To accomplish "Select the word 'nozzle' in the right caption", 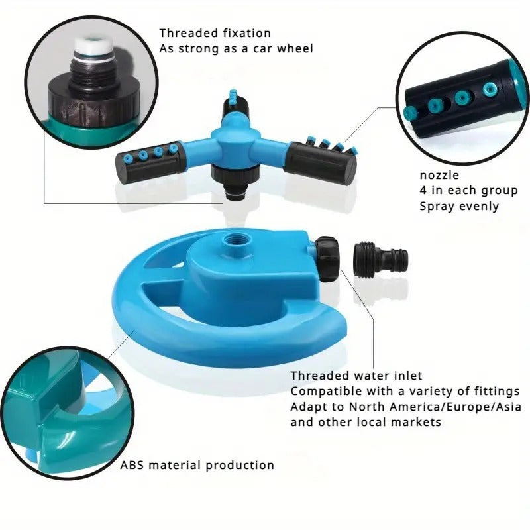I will tap(439, 176).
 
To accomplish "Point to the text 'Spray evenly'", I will tap(459, 206).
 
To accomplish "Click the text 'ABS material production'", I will tap(197, 465).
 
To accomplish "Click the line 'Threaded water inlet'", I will tap(356, 376).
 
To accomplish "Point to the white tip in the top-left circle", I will tap(86, 47).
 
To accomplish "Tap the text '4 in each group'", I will tap(468, 191).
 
